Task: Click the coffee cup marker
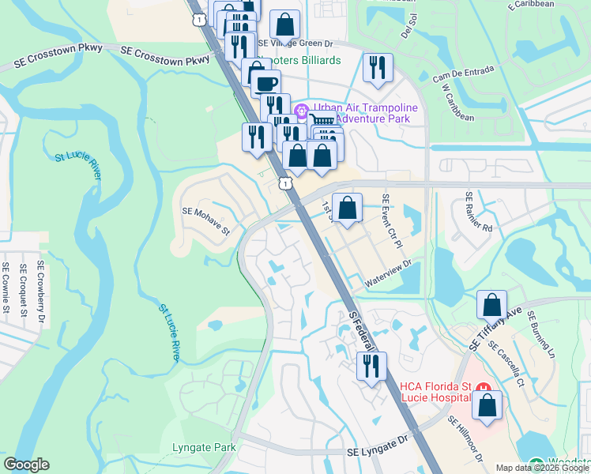pyautogui.click(x=265, y=83)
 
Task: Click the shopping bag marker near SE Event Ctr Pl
pyautogui.click(x=347, y=209)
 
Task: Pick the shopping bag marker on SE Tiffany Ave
pyautogui.click(x=491, y=305)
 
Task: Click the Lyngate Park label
pyautogui.click(x=204, y=448)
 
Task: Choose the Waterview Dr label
pyautogui.click(x=389, y=274)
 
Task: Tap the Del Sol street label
pyautogui.click(x=408, y=30)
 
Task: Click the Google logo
pyautogui.click(x=26, y=465)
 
